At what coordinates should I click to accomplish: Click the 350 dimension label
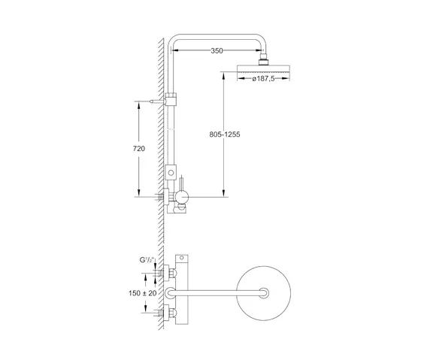(217, 51)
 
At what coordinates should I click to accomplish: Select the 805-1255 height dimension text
(228, 135)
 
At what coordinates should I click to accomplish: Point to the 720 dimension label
(138, 148)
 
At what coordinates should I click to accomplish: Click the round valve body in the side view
(182, 197)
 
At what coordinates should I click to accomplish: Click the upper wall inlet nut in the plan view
(168, 273)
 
